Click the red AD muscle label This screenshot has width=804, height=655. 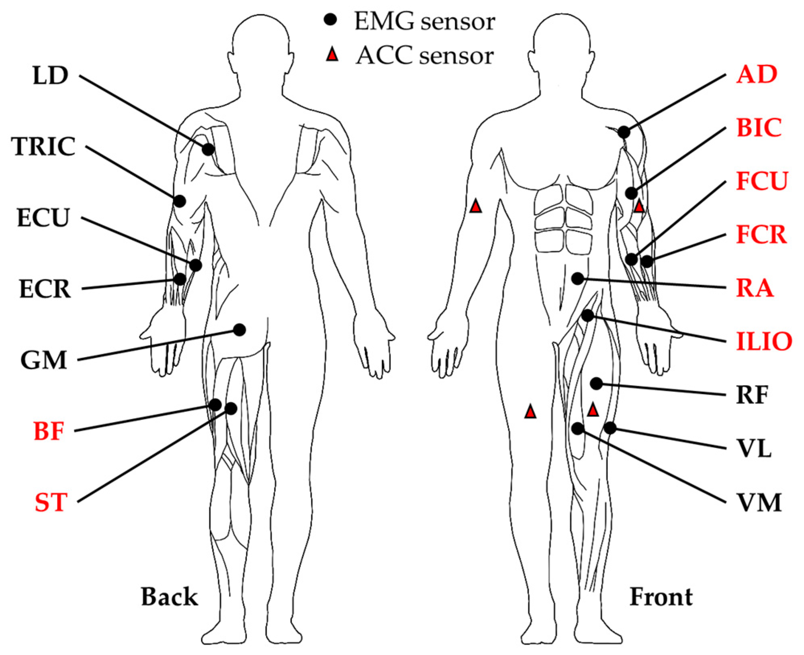[756, 74]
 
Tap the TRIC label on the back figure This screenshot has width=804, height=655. [43, 146]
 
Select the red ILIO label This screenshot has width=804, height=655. [764, 342]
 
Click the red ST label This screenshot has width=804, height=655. [50, 502]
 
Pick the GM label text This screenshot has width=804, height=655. [43, 360]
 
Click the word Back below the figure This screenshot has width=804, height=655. [169, 597]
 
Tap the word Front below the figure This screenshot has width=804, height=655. [661, 597]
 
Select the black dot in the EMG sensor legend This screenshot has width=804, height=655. [330, 20]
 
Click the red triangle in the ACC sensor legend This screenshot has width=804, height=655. [332, 55]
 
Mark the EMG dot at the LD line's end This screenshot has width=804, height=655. [208, 149]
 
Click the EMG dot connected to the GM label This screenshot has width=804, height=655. [239, 330]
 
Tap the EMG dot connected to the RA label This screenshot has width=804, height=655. [577, 278]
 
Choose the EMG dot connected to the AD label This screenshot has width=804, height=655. [624, 132]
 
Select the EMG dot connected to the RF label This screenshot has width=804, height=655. [596, 384]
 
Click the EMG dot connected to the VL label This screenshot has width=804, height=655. [610, 428]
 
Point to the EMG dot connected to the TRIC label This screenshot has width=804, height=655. [180, 201]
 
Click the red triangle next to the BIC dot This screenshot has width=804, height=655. [639, 207]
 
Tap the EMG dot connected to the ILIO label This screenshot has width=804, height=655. [587, 315]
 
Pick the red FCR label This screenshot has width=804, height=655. [761, 235]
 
